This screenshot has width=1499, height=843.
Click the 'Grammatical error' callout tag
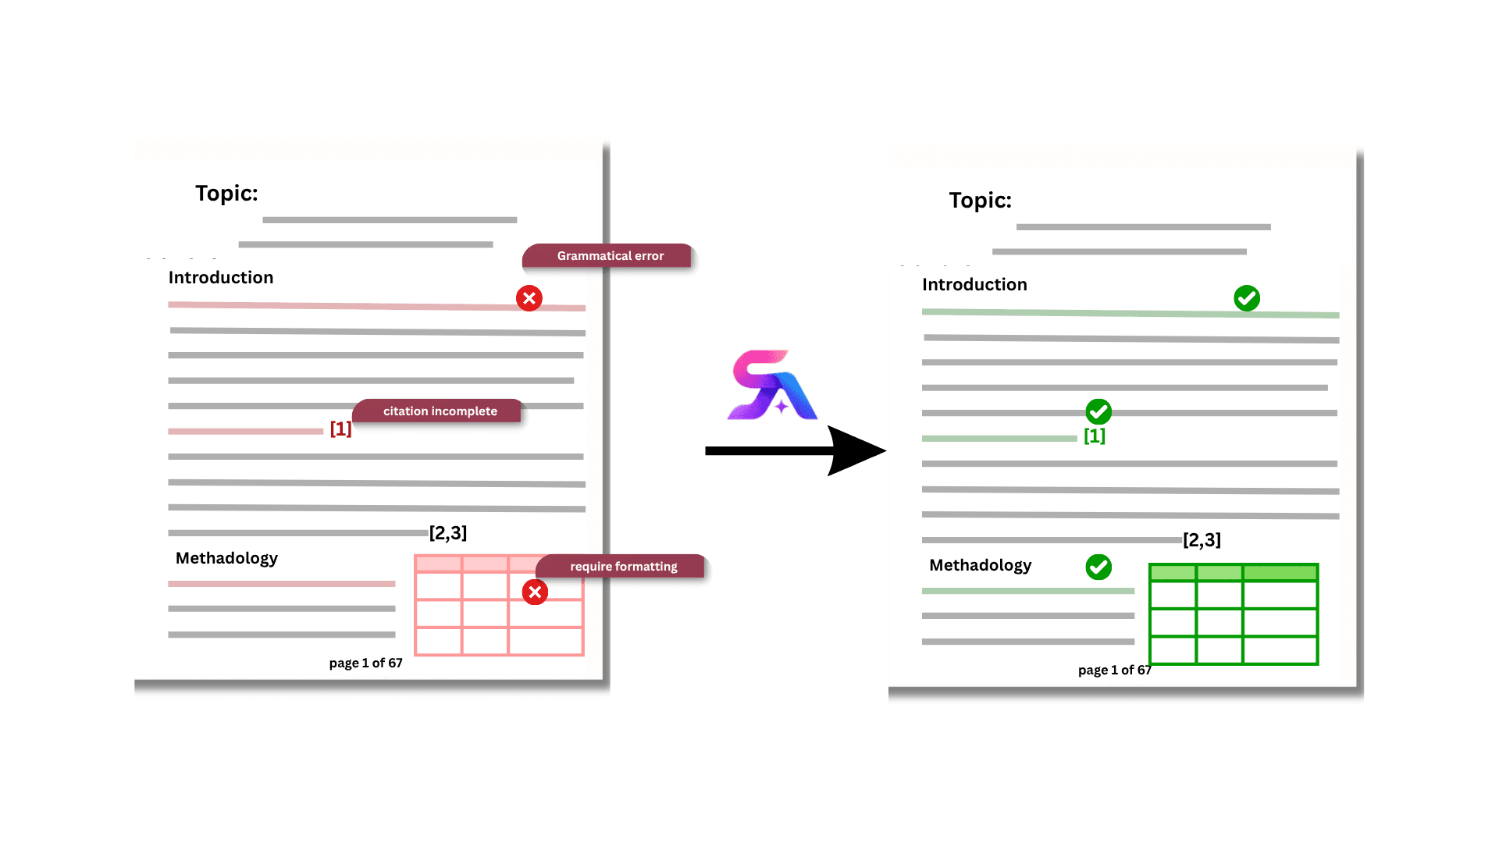coord(607,255)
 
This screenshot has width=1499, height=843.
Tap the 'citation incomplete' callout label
coord(437,411)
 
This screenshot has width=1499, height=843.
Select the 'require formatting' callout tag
coord(621,566)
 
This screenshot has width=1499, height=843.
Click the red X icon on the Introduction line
coord(529,298)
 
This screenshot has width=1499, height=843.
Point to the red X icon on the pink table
coord(535,592)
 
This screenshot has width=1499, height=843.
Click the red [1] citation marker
coord(340,429)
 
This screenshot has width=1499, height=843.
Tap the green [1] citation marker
coord(1095,436)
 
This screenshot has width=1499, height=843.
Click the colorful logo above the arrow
coord(772,385)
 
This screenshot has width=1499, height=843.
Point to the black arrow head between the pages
coord(856,450)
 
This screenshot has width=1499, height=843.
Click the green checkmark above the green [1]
coord(1098,411)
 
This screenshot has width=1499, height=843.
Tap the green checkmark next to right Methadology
coord(1098,567)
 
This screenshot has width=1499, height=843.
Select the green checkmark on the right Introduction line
coord(1247,298)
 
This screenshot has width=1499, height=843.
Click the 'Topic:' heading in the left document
coord(226,193)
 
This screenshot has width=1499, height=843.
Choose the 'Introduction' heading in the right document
coord(974,284)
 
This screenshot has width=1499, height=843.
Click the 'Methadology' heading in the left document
coord(226,558)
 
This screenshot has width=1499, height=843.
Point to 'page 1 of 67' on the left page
coord(365,663)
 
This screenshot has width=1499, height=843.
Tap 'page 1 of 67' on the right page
coord(1115,670)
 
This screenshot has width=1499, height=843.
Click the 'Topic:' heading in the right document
coord(981,200)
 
